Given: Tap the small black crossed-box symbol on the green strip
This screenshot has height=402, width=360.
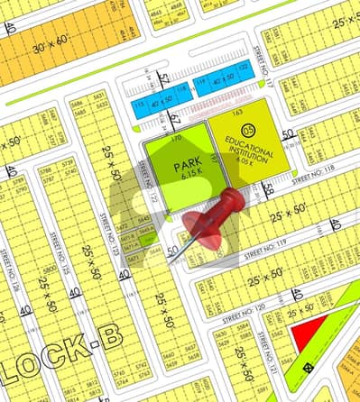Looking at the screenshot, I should (309, 367).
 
